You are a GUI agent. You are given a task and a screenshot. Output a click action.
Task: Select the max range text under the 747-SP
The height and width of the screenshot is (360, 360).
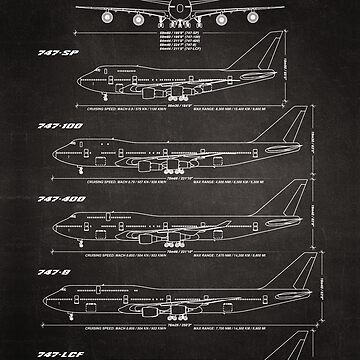[x=247, y=98]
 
